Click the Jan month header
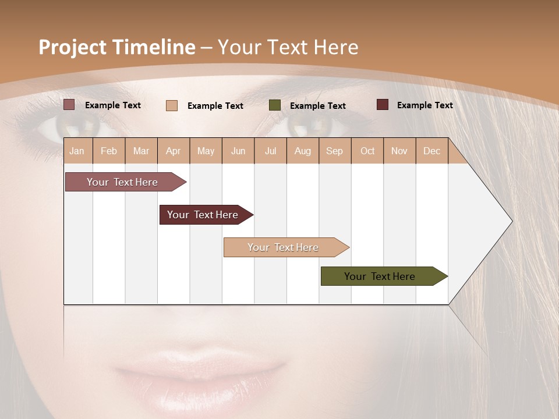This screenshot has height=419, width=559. (77, 151)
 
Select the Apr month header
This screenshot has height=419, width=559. (174, 151)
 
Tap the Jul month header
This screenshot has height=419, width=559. (270, 151)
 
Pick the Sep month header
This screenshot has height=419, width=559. (334, 151)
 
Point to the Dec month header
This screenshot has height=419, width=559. (431, 151)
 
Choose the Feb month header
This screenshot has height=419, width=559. (109, 151)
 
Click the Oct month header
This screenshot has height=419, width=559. (367, 151)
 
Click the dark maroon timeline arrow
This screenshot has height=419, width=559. (204, 215)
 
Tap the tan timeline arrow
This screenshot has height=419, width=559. (284, 247)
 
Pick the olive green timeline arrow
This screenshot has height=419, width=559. (381, 276)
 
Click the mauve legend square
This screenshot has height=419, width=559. (69, 105)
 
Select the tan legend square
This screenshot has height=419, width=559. (172, 105)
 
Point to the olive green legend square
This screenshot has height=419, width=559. (275, 105)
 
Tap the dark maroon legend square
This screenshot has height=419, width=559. (383, 105)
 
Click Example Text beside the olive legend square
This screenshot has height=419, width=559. (317, 106)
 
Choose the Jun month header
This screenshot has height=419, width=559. (238, 151)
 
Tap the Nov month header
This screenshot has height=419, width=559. (399, 151)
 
